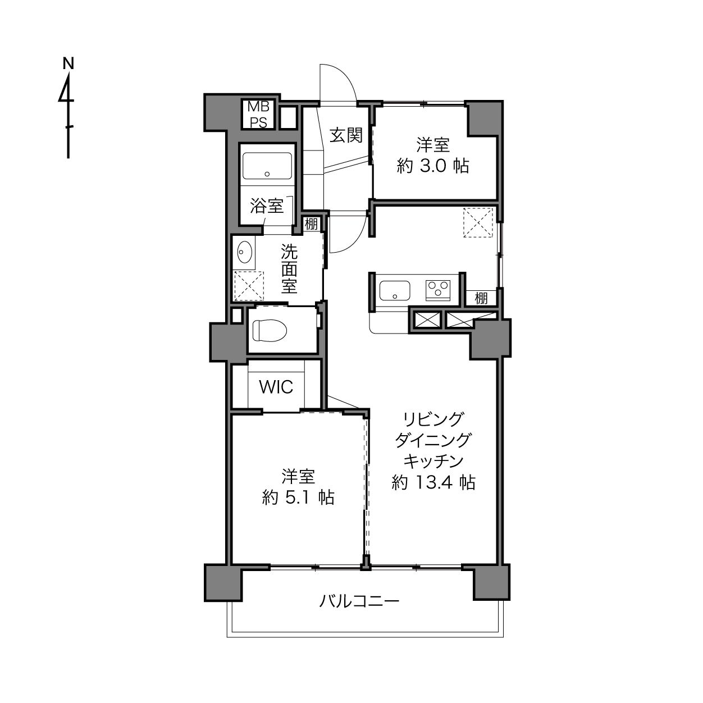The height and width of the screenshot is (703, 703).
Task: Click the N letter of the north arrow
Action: pyautogui.click(x=68, y=63)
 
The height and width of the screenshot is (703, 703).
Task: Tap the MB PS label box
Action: pyautogui.click(x=259, y=115)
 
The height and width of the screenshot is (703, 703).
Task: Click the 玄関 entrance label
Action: pyautogui.click(x=346, y=135)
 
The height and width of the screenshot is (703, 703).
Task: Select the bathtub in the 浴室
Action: pyautogui.click(x=267, y=166)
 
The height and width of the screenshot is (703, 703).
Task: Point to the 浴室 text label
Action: pyautogui.click(x=267, y=206)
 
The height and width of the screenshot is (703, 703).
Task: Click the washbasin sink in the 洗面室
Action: pyautogui.click(x=244, y=252)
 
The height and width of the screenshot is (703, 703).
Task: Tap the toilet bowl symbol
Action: pyautogui.click(x=270, y=331)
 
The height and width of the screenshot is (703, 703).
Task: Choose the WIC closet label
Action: pyautogui.click(x=276, y=387)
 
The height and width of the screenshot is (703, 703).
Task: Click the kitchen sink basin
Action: pyautogui.click(x=395, y=291)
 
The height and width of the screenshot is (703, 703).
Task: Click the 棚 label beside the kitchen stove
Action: pyautogui.click(x=481, y=298)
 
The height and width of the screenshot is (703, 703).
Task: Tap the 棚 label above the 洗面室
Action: pyautogui.click(x=311, y=224)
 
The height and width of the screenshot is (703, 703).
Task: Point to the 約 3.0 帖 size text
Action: pyautogui.click(x=433, y=166)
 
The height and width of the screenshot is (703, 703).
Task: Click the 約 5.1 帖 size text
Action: pyautogui.click(x=298, y=497)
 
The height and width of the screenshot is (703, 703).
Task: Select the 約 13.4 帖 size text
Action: pyautogui.click(x=433, y=483)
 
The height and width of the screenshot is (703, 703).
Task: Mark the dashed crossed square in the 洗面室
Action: pyautogui.click(x=249, y=286)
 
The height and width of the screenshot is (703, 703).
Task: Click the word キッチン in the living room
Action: pyautogui.click(x=433, y=462)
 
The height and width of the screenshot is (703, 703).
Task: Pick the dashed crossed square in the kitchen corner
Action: pyautogui.click(x=478, y=222)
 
